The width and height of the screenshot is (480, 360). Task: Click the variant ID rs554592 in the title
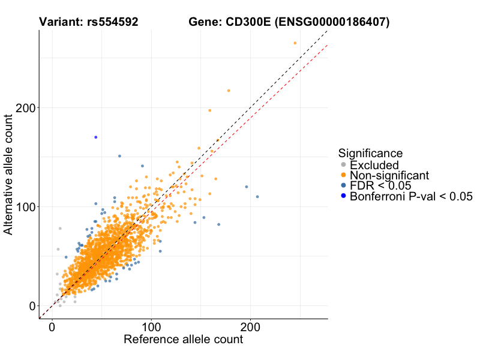[111, 22]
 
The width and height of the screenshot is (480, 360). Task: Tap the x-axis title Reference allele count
[183, 340]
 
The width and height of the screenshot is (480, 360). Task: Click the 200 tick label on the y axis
[24, 107]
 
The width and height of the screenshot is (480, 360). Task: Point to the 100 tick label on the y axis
[24, 206]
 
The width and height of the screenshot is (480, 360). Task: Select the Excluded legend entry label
[374, 165]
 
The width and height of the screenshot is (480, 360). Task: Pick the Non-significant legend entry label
[389, 175]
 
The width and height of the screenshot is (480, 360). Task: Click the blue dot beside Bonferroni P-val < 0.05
[343, 196]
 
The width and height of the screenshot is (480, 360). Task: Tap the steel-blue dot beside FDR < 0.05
[343, 185]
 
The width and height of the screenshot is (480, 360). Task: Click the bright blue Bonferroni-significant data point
[95, 137]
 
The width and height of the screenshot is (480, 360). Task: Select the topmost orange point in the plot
[295, 43]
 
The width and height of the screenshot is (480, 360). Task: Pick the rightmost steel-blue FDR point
[257, 197]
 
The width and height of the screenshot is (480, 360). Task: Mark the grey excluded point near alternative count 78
[60, 229]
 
